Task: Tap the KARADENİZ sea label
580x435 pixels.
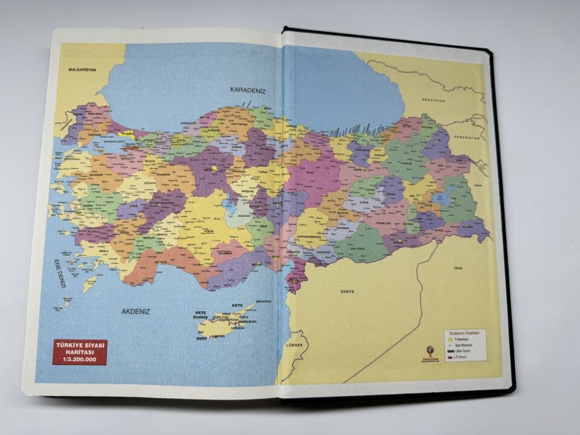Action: [248, 89]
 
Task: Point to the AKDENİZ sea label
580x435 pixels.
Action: [135, 311]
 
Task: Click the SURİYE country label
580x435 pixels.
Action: [346, 291]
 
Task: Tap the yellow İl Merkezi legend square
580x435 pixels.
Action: [449, 339]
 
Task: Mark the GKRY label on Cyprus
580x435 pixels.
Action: [201, 338]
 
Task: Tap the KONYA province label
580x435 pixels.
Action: [209, 230]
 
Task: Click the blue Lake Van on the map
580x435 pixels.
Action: [446, 196]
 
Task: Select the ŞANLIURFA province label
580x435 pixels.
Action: [358, 248]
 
